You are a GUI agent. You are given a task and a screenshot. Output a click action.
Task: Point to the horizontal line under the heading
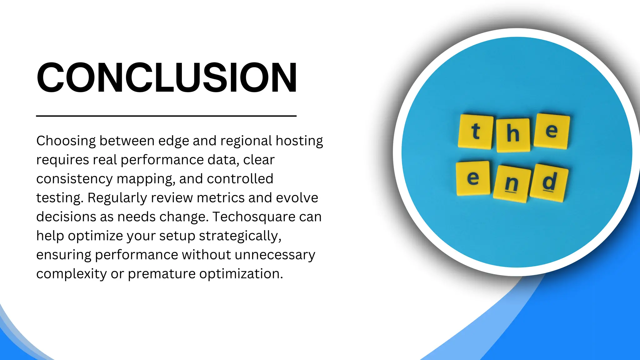click(166, 116)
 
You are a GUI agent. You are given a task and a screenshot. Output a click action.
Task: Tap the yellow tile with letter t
click(475, 132)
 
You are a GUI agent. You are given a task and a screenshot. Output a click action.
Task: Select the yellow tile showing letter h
click(513, 135)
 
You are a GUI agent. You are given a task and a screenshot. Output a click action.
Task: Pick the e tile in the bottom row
click(473, 178)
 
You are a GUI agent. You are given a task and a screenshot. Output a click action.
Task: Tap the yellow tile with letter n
click(512, 183)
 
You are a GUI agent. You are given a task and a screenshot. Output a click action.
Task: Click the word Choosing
click(66, 141)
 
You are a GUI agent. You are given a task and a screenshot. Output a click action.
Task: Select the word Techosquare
click(254, 217)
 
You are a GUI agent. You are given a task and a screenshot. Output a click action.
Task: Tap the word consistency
click(74, 179)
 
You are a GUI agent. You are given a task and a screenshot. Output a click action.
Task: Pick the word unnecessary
click(275, 255)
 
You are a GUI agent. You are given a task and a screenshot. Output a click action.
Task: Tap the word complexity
click(71, 274)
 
